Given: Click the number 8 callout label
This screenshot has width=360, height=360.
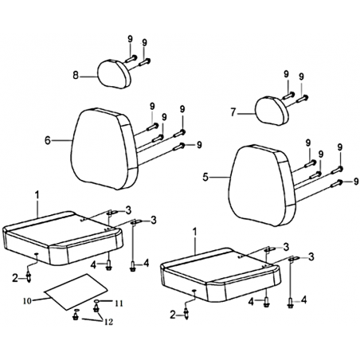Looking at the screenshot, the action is click(76, 76).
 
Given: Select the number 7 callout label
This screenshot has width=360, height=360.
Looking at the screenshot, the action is click(233, 112).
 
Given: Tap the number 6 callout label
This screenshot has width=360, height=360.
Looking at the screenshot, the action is click(48, 140).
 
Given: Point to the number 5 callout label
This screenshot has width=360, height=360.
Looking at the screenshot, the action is click(205, 177).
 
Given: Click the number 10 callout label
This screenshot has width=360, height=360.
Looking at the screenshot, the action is click(27, 301).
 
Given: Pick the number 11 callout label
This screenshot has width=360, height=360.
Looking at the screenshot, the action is click(119, 303).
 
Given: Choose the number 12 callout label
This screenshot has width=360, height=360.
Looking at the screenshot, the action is click(109, 322).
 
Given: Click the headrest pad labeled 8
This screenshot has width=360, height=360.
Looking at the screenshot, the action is click(115, 74).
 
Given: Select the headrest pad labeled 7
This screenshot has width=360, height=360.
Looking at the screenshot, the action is click(272, 111).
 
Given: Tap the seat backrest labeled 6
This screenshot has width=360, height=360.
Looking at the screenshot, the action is click(105, 149).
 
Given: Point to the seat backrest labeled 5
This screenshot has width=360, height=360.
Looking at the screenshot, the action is click(262, 186).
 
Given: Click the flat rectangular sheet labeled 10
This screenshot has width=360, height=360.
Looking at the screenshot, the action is click(76, 292).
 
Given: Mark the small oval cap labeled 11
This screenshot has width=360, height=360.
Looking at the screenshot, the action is click(97, 302).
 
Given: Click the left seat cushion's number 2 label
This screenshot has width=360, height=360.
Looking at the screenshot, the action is click(15, 278).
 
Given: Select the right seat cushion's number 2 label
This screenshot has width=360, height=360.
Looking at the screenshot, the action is click(173, 315).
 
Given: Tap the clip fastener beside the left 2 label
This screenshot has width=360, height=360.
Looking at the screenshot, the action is click(29, 278).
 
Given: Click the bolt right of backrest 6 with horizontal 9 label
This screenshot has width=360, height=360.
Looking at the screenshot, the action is click(178, 147).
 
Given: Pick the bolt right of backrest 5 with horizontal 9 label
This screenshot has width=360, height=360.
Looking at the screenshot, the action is click(337, 183).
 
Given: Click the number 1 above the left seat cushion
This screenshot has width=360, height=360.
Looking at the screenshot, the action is click(37, 195).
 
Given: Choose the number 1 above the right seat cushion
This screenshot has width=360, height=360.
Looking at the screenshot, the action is click(195, 232).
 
